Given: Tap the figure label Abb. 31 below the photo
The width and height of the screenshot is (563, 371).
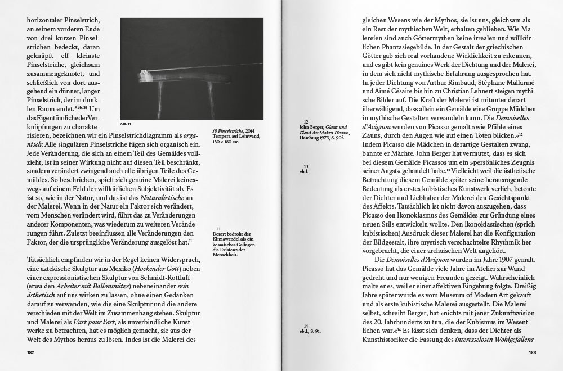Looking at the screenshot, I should tap(125, 123).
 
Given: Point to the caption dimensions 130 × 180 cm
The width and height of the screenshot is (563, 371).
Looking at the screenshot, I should tap(225, 142).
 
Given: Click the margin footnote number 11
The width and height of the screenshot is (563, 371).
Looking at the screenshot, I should tap(218, 228).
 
